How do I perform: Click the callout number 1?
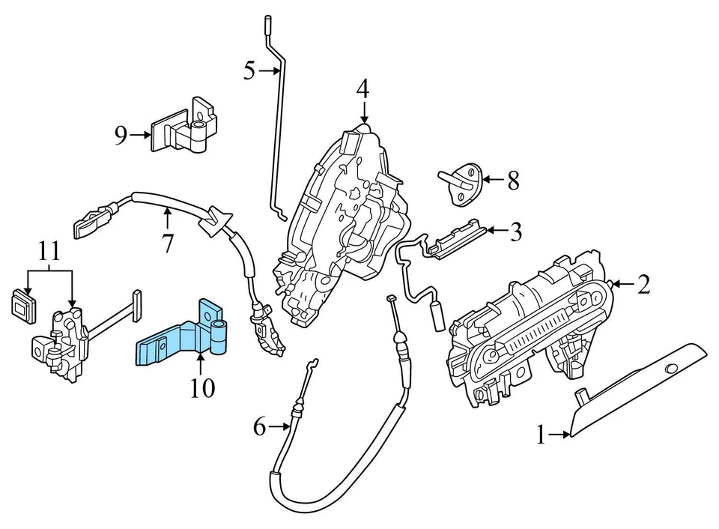click(x=541, y=434)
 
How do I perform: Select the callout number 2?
click(x=643, y=283)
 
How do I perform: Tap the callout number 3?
click(x=515, y=232)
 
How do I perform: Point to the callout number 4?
click(x=362, y=89)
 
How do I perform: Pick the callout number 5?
click(x=249, y=71)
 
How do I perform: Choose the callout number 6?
click(x=259, y=427)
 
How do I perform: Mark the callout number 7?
click(x=167, y=243)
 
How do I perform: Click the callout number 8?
click(x=512, y=180)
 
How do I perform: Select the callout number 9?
click(x=121, y=135)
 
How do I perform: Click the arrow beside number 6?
click(x=280, y=427)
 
